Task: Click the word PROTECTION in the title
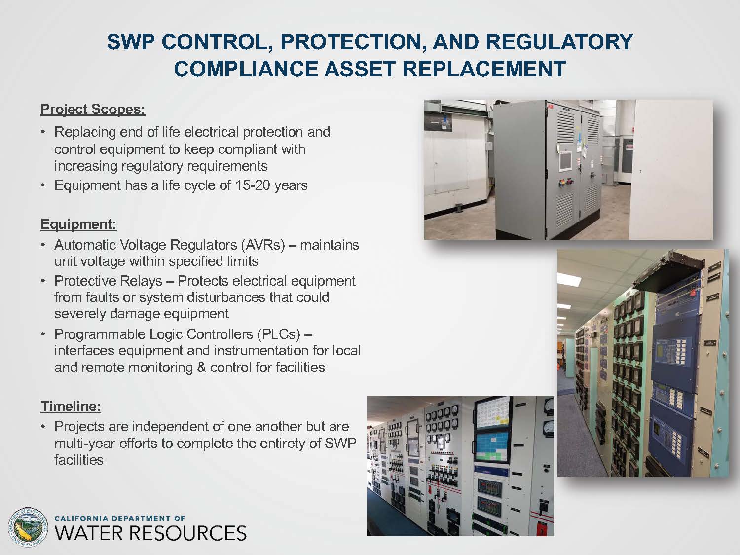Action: (352, 42)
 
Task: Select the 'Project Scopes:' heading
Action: (93, 110)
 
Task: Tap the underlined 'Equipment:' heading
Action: (78, 224)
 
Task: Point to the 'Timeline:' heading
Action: (71, 406)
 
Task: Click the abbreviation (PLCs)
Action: (278, 334)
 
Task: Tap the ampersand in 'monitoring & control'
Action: (201, 368)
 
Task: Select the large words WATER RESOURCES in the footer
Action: (150, 533)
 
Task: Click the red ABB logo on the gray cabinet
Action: (551, 107)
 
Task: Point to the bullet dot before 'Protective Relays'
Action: (43, 281)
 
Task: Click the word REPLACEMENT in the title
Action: (484, 69)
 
